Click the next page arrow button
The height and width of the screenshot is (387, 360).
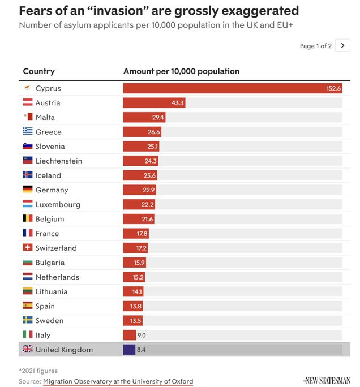tap(342, 46)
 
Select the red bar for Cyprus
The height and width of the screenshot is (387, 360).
tap(232, 88)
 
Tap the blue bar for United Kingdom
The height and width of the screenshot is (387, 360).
tap(129, 350)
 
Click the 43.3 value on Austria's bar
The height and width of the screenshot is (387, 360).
tap(178, 103)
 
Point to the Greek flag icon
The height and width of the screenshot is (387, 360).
tap(27, 132)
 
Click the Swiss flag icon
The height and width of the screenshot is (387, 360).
tap(27, 248)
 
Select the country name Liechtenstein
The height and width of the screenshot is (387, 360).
tap(58, 161)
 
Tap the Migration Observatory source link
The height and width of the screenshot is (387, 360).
tap(118, 381)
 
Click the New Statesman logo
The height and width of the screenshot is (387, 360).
tap(327, 381)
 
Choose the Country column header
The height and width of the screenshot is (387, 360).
tap(38, 71)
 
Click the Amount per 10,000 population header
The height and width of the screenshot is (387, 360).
tap(181, 71)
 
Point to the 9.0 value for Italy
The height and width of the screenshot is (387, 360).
tap(142, 335)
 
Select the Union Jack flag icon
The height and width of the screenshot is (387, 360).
tap(27, 350)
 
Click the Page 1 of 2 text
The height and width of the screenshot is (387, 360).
tap(315, 46)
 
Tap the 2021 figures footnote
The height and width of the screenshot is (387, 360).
tap(38, 371)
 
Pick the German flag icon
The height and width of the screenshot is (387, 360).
tap(27, 190)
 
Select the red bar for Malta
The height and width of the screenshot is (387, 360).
tap(144, 117)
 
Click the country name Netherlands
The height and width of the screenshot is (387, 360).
tap(57, 277)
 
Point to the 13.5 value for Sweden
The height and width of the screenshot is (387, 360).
tap(136, 320)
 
